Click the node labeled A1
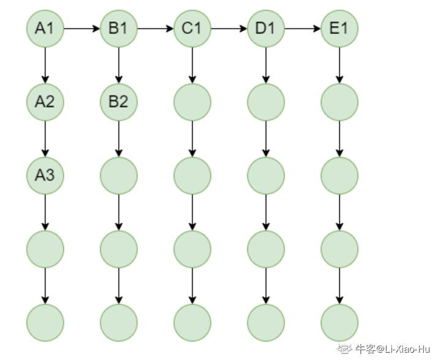[x=45, y=28]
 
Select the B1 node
[x=119, y=28]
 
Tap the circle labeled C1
[x=192, y=28]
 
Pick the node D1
[x=266, y=28]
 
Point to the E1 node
[x=339, y=28]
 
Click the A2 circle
[x=45, y=102]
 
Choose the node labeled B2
[x=119, y=102]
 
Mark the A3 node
[x=45, y=175]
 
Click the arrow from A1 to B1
[x=82, y=28]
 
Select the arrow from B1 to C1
[x=156, y=28]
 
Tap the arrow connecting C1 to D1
[x=229, y=28]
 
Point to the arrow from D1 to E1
[x=303, y=28]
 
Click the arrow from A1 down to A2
[x=45, y=65]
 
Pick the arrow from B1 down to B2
[x=119, y=65]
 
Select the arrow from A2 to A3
[x=45, y=138]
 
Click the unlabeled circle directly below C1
[x=192, y=102]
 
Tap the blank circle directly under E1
[x=339, y=102]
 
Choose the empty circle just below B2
[x=119, y=175]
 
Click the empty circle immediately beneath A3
[x=45, y=249]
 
